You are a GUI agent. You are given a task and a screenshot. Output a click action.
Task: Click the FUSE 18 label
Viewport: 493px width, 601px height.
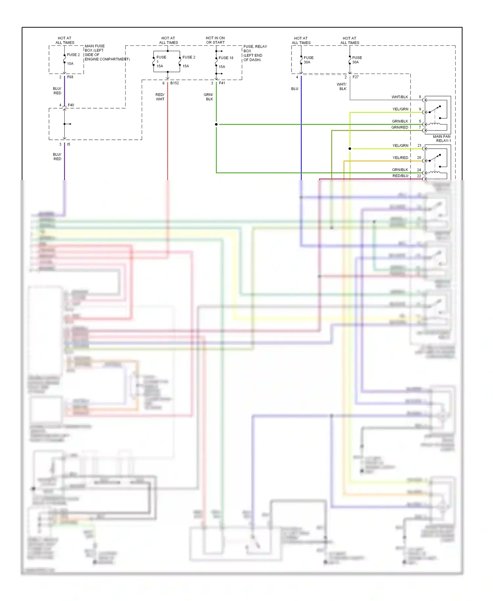pos(226,58)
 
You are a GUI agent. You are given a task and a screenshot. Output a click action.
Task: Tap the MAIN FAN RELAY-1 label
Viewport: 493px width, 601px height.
pos(442,138)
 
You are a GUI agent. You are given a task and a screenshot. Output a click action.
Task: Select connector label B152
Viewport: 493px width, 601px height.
pos(175,83)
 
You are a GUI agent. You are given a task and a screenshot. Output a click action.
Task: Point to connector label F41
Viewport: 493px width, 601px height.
pos(222,83)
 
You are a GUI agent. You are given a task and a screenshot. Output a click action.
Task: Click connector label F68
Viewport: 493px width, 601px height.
pos(70,77)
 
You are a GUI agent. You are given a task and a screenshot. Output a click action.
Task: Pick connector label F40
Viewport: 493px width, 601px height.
pos(71,105)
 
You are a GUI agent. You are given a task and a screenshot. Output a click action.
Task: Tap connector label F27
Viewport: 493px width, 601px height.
pos(356,77)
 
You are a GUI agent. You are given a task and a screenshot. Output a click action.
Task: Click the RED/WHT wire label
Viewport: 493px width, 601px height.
pos(160,97)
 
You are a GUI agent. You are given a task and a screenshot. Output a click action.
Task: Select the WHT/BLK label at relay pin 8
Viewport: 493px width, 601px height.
pos(400,97)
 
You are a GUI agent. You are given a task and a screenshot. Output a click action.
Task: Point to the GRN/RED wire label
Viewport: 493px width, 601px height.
pos(400,127)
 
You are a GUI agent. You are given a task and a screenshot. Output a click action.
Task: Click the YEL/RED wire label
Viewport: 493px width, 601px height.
pos(400,158)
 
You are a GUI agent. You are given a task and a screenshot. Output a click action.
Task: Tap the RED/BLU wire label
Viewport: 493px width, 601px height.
pos(400,176)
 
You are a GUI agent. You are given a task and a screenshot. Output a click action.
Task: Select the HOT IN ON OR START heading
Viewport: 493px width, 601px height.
pos(215,40)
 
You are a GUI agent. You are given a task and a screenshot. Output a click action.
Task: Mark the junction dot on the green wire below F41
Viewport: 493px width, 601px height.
pos(216,124)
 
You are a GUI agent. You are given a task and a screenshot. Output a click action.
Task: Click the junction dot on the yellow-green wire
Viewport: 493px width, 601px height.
pos(350,149)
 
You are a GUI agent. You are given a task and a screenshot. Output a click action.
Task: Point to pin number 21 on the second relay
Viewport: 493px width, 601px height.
pos(419,145)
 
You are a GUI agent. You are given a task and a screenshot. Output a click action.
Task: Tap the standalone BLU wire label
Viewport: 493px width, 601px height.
pos(294,89)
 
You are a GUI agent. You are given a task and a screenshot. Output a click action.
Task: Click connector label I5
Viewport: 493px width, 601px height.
pos(68,144)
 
